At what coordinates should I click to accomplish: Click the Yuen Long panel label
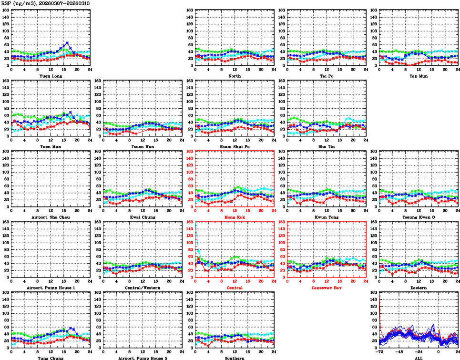click(x=50, y=76)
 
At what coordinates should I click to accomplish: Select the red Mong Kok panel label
click(x=235, y=217)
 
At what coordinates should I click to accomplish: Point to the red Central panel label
click(x=235, y=288)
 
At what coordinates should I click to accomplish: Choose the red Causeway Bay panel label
click(x=327, y=288)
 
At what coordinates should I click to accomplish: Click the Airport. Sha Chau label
click(x=50, y=217)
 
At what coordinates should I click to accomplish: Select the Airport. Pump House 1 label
click(x=50, y=288)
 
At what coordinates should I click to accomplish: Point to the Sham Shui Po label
click(x=235, y=147)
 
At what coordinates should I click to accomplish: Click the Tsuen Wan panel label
click(x=143, y=147)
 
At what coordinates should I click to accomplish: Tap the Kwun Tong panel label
click(x=327, y=217)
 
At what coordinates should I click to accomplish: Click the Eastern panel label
click(x=418, y=288)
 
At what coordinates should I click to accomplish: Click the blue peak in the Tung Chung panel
click(x=71, y=328)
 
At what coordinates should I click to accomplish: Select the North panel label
click(x=235, y=76)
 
